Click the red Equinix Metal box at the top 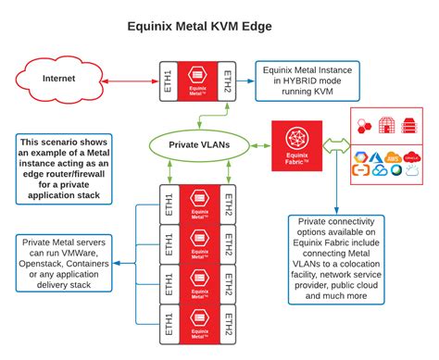[x=195, y=79]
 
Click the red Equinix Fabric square [x=296, y=145]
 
